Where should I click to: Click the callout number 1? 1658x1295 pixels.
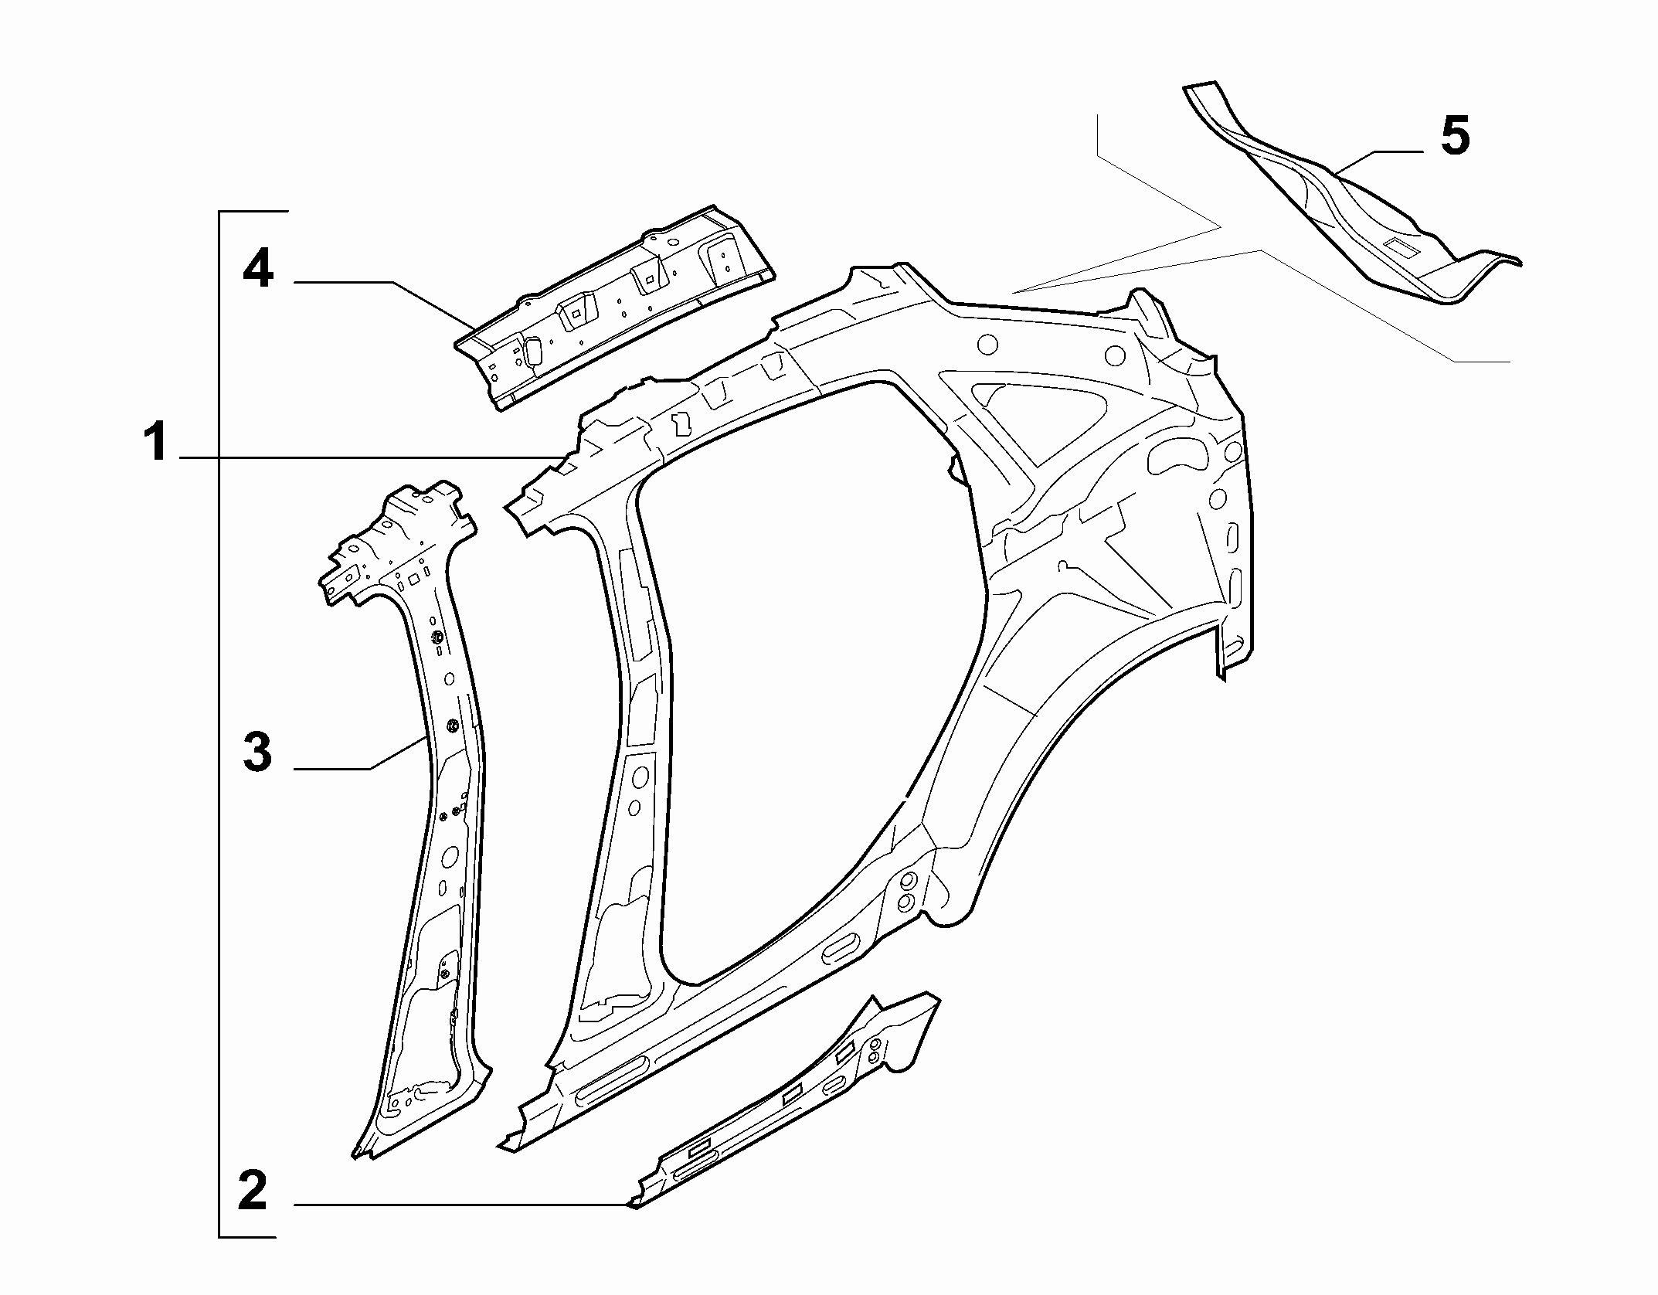pyautogui.click(x=157, y=442)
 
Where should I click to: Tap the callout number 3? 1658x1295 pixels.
pyautogui.click(x=257, y=752)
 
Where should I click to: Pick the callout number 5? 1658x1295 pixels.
pyautogui.click(x=1456, y=136)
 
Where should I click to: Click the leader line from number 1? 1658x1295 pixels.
pyautogui.click(x=369, y=458)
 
